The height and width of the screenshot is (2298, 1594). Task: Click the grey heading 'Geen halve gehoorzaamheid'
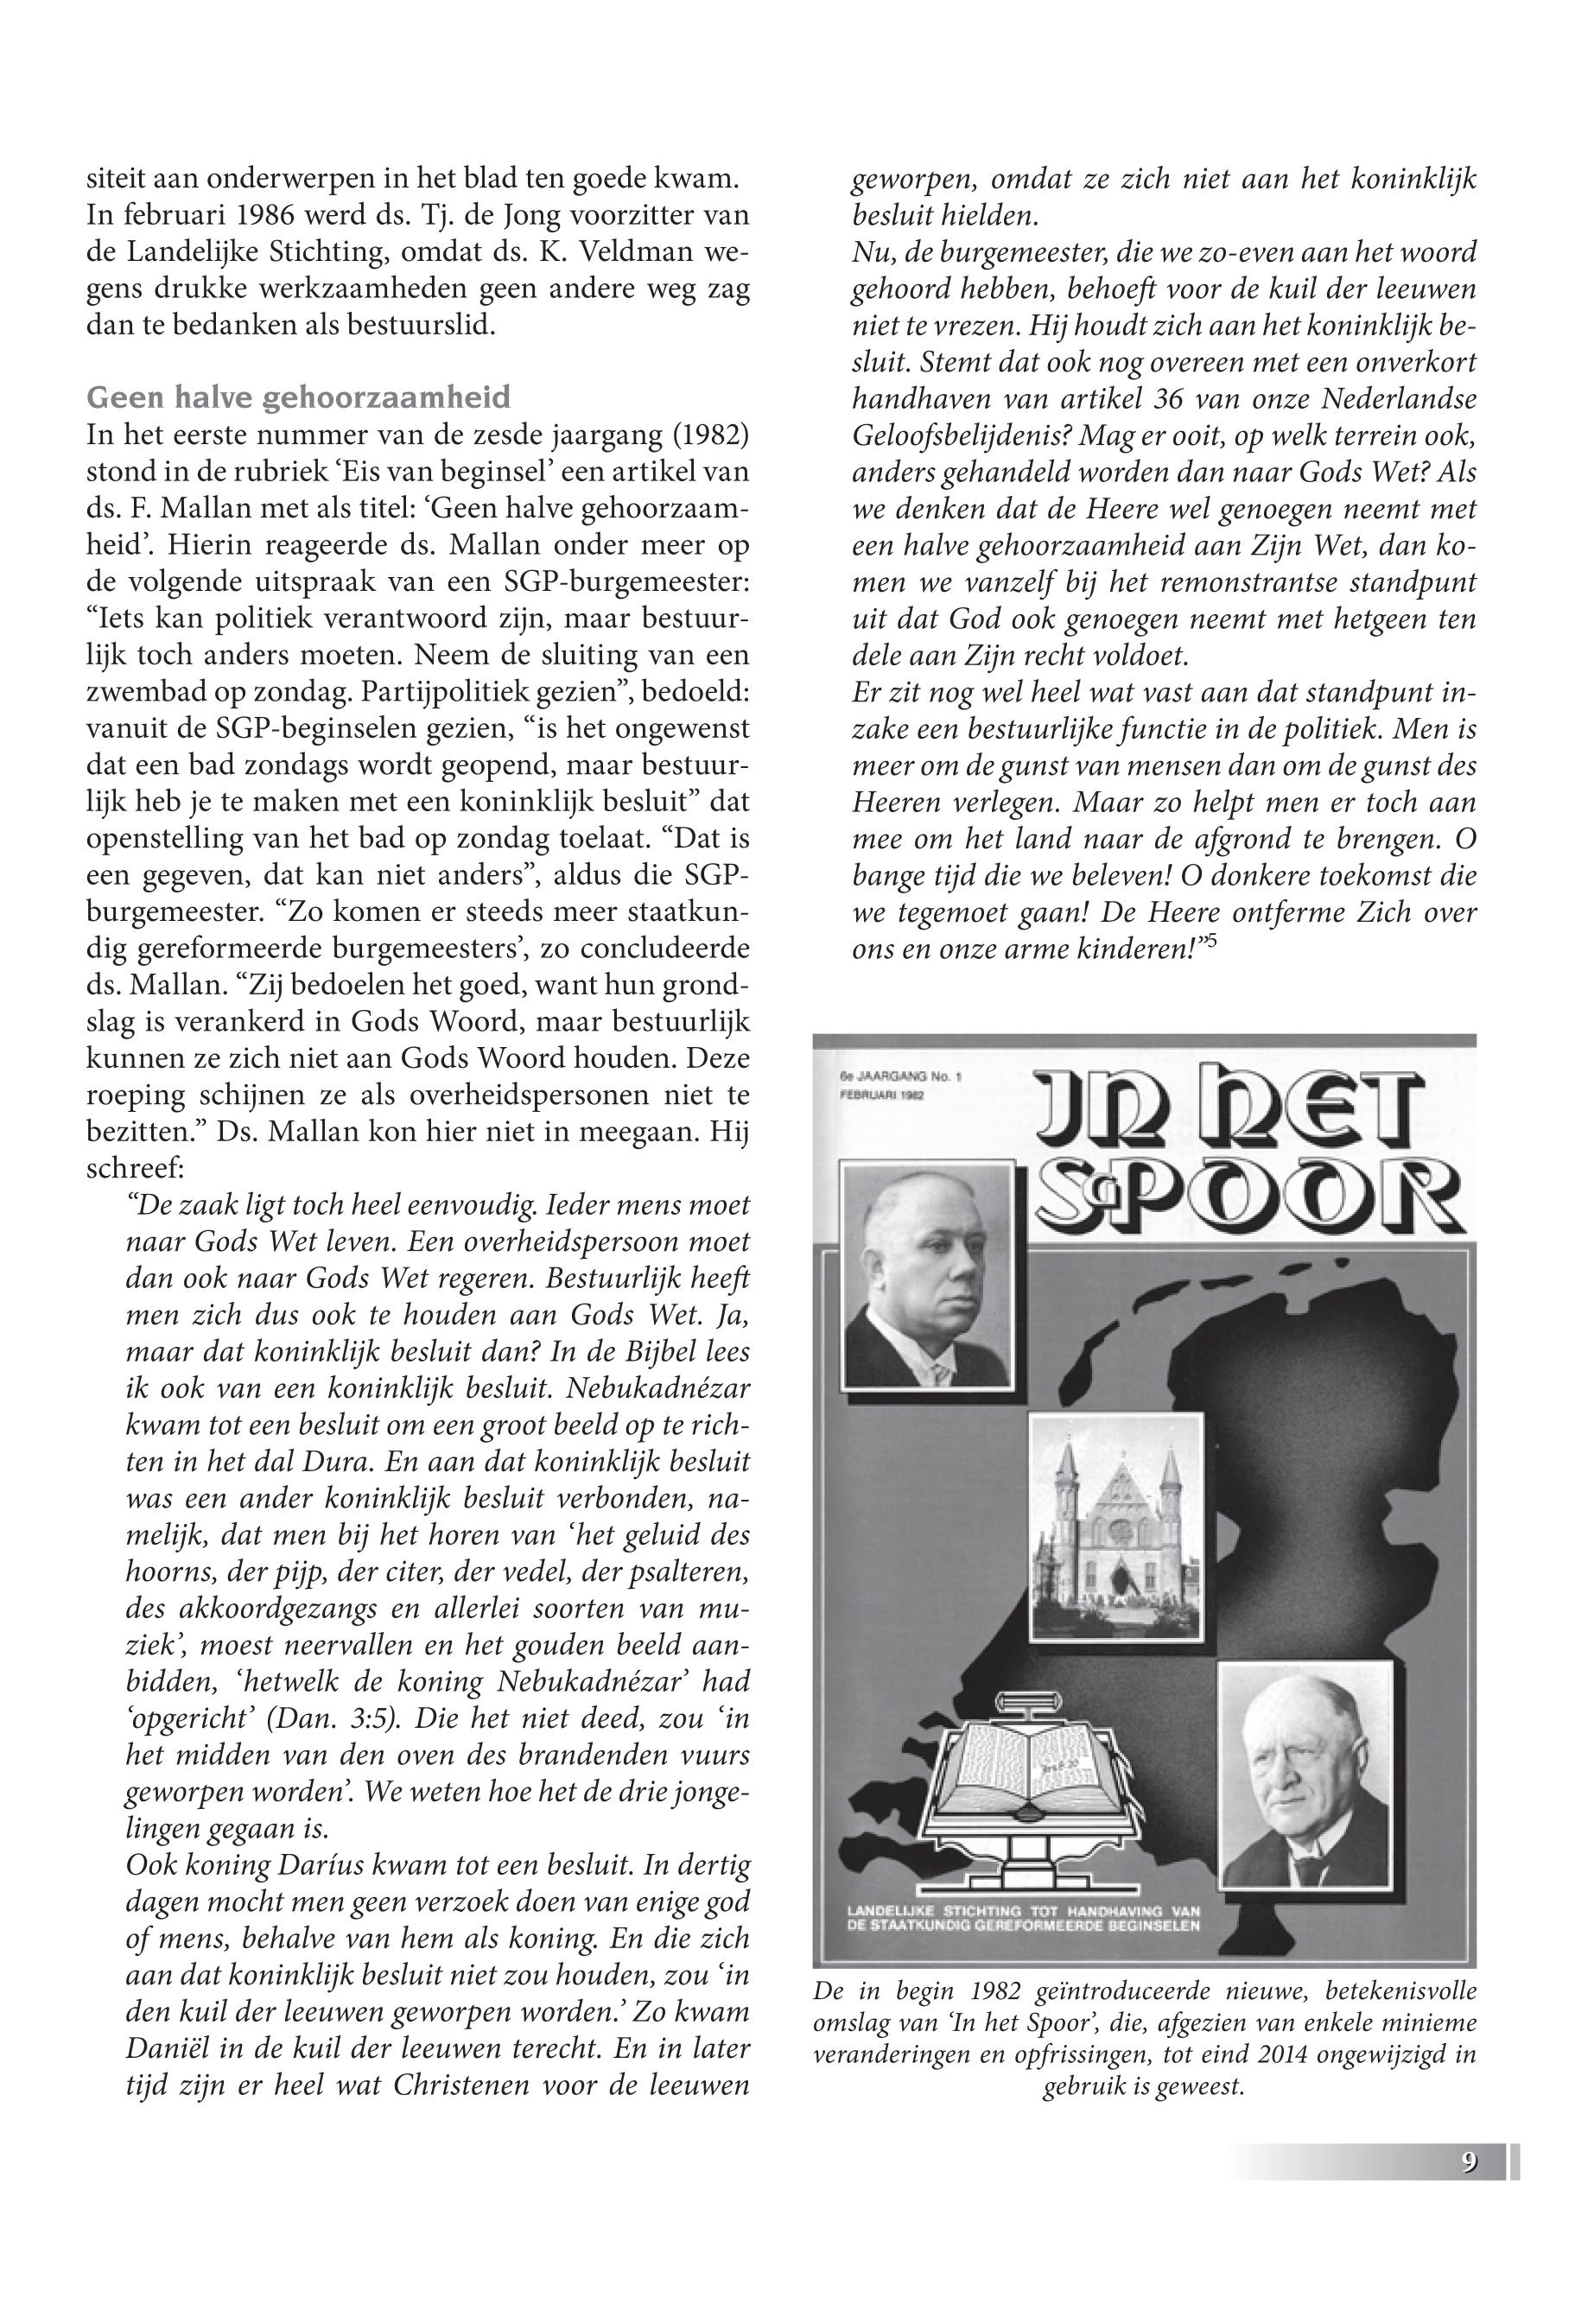[299, 398]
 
